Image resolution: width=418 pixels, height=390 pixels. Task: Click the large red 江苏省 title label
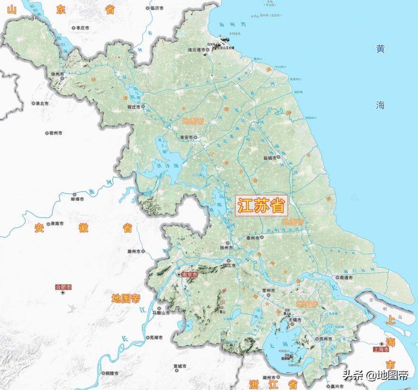tap(262, 206)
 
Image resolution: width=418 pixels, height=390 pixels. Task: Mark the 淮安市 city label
tap(186, 137)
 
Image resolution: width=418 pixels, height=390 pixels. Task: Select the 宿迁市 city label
tap(133, 107)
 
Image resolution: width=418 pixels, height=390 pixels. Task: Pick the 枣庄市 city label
tap(82, 28)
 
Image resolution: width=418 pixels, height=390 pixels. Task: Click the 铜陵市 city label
tap(113, 372)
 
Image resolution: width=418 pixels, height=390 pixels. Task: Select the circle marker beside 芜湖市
tap(146, 337)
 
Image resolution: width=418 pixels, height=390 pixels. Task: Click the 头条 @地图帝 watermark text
tap(375, 375)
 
